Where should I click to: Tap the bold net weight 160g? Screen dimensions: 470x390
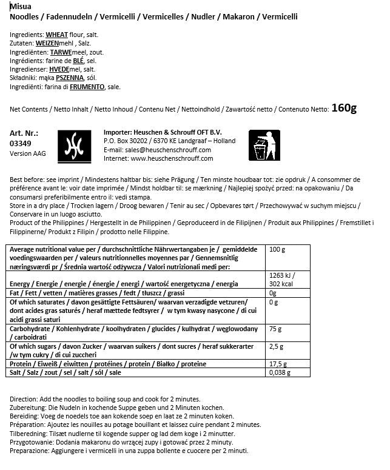point(344,108)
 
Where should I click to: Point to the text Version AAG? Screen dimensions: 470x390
point(28,154)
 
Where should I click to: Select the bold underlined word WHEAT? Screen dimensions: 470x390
point(57,36)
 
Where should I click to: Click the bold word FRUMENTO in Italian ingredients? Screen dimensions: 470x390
point(87,87)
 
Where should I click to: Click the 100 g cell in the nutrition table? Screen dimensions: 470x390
point(277,250)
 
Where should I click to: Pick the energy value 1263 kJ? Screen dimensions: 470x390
point(280,275)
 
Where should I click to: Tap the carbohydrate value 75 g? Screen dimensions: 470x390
point(275,329)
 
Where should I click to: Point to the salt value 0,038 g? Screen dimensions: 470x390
point(280,374)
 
